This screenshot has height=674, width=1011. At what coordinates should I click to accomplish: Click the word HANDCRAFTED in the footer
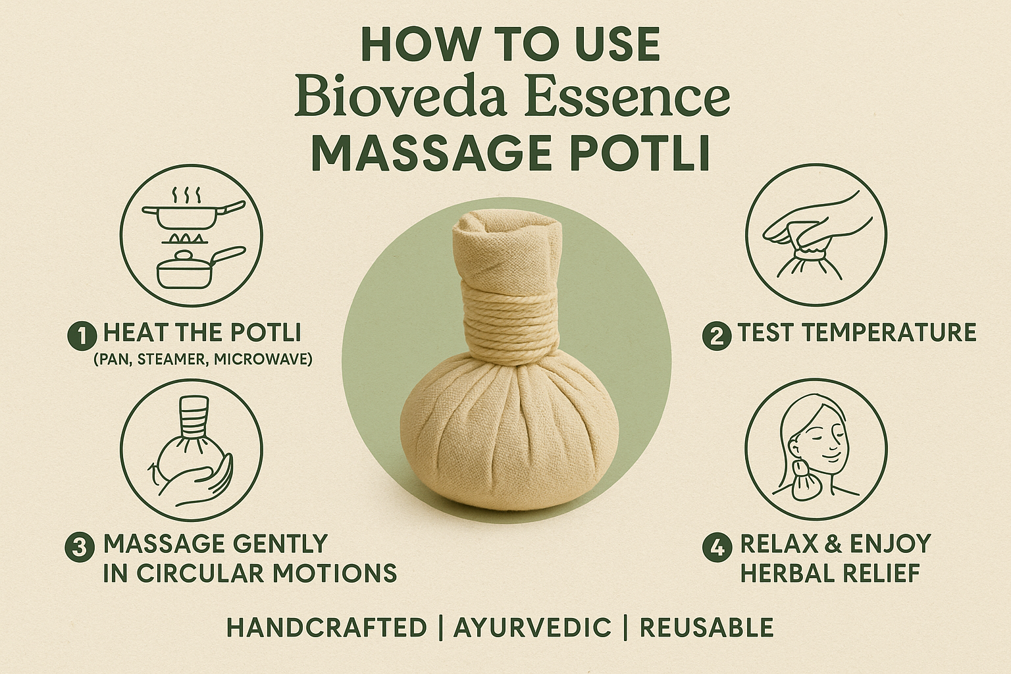326,627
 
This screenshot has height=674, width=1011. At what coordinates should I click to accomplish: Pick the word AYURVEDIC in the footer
532,627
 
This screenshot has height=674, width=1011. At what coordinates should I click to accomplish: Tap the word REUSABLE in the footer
706,627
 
